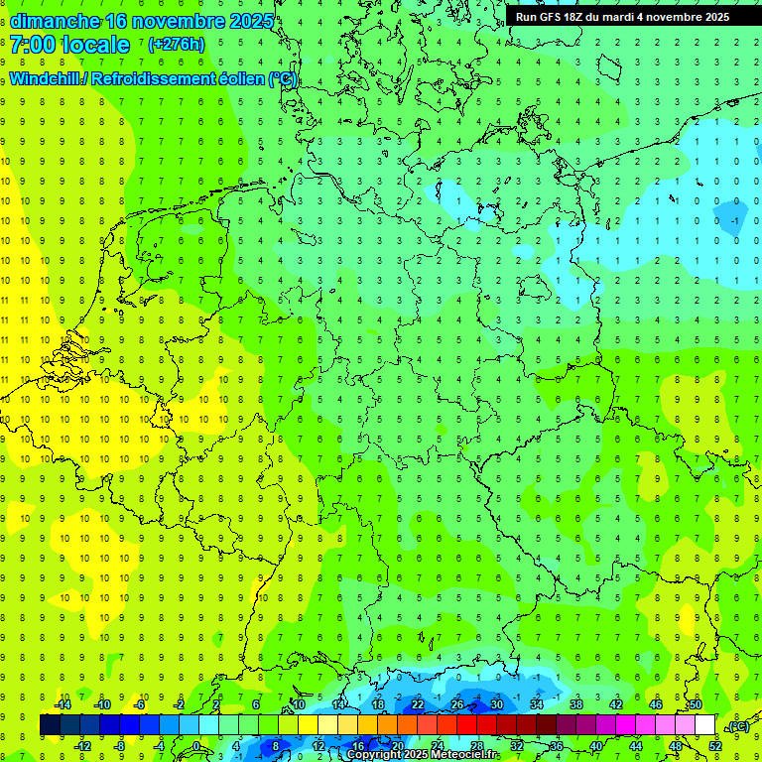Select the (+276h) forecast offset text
click(x=176, y=45)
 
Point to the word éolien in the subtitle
click(x=239, y=79)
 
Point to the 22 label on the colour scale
click(x=418, y=704)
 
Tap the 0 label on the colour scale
click(x=195, y=746)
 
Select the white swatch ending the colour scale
click(x=704, y=725)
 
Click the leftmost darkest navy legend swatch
click(x=50, y=725)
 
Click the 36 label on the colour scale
click(x=556, y=746)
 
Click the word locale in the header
click(x=94, y=45)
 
